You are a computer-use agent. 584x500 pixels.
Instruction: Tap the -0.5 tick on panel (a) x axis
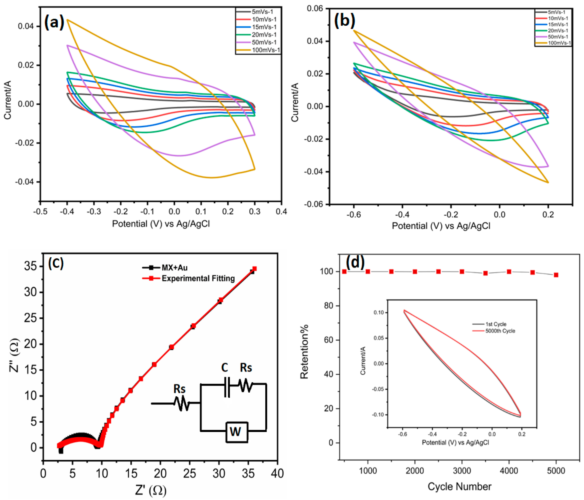click(40, 211)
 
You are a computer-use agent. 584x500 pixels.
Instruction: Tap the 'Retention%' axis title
click(304, 352)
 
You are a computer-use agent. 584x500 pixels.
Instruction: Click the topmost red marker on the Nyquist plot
click(254, 269)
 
